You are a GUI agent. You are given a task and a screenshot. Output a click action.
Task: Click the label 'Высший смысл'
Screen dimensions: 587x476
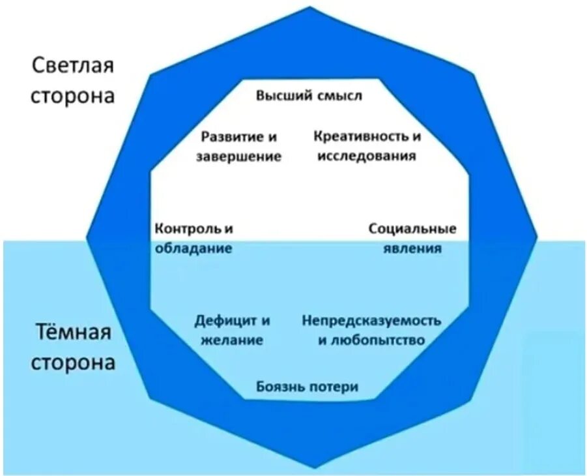click(308, 96)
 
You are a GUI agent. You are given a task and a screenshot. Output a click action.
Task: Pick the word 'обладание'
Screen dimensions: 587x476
click(193, 248)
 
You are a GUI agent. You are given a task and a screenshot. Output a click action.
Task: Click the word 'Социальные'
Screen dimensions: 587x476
click(412, 229)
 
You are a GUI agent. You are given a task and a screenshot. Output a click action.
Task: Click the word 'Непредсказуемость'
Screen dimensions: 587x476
click(371, 321)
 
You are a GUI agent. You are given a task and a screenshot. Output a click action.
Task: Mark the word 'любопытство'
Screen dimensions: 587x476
click(378, 340)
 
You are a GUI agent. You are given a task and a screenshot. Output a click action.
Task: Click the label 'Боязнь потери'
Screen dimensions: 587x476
click(307, 387)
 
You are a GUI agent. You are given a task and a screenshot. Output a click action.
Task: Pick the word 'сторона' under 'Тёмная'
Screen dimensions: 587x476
click(73, 362)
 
